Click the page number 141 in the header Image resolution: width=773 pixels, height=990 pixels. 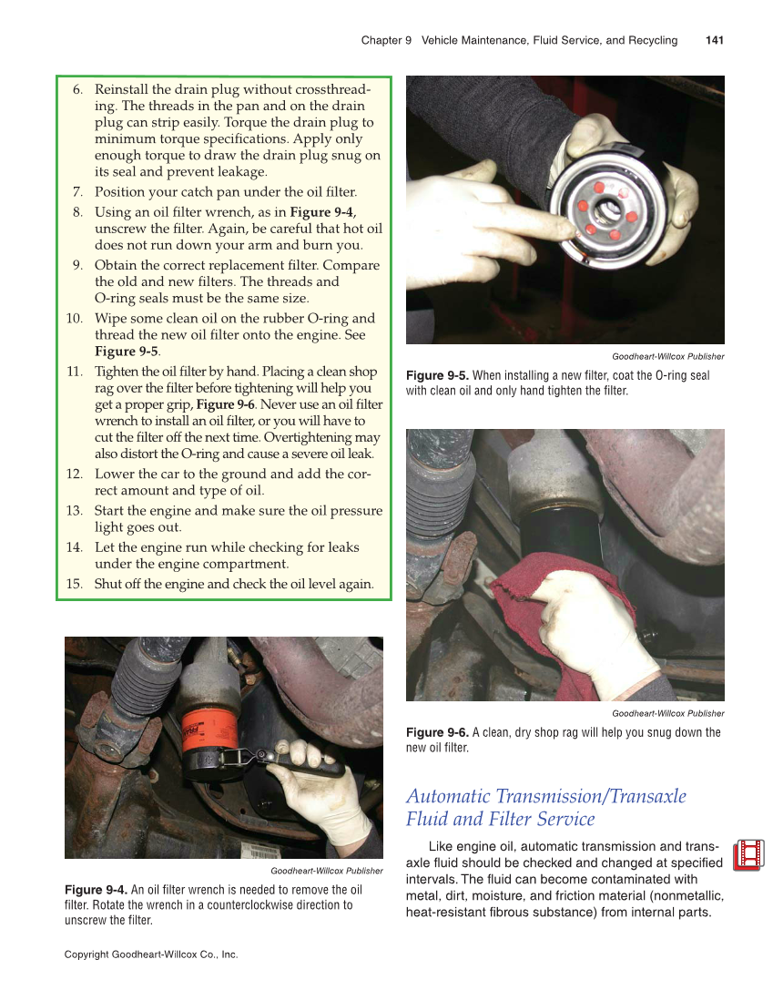(x=714, y=40)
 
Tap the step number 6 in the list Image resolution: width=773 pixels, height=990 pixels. (x=78, y=89)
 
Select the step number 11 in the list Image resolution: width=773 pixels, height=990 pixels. (x=75, y=372)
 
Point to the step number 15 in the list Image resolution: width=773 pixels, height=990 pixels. (x=75, y=584)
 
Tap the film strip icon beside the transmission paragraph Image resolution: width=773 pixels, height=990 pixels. (x=748, y=854)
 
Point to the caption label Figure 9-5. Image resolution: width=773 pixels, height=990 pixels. (x=437, y=375)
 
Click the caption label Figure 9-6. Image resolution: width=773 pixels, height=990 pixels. (x=437, y=732)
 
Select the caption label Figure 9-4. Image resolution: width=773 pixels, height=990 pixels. (x=96, y=890)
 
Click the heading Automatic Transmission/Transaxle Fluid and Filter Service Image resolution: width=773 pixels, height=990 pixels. (x=545, y=808)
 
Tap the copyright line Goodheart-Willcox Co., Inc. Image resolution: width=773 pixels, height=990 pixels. (x=151, y=954)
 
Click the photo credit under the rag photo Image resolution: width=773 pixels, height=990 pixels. (x=667, y=713)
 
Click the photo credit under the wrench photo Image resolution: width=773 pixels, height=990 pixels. (x=326, y=871)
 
